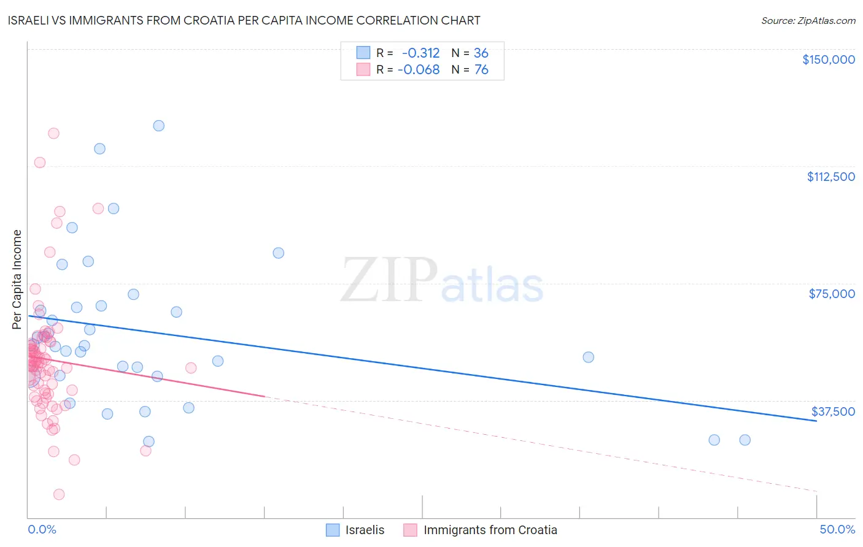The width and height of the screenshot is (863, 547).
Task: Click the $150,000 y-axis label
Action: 828,59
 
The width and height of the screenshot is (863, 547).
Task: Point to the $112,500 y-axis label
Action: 830,177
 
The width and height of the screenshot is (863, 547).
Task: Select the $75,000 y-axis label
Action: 832,294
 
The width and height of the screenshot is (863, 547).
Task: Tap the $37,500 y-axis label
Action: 833,411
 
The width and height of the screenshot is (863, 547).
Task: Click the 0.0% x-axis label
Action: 42,529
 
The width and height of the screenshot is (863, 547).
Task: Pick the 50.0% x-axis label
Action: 837,529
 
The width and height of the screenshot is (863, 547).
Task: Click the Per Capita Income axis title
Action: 17,279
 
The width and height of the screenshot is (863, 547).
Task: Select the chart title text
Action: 244,20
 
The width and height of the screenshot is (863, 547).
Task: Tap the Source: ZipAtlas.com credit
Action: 808,20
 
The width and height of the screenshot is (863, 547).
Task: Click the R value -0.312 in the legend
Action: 420,53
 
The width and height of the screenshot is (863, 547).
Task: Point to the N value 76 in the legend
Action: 481,70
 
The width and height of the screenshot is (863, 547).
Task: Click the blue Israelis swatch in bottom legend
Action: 333,530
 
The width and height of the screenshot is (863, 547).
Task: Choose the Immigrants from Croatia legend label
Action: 490,530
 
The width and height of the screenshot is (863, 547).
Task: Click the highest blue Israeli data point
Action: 158,126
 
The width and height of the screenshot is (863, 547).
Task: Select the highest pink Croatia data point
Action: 53,133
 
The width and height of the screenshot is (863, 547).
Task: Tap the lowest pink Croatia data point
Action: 59,494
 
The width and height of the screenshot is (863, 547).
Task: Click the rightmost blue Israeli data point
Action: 745,440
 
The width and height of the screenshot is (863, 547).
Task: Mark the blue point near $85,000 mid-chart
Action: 278,253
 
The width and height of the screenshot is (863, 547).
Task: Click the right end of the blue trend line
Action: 816,421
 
